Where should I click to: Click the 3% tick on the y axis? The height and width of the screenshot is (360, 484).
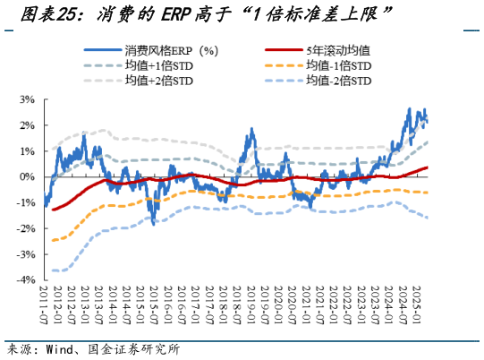pos(26,99)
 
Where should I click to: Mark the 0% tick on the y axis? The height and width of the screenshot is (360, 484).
pos(26,176)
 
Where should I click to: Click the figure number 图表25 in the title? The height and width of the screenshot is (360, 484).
pos(39,13)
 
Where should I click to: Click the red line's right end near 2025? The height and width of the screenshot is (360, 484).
pos(427,167)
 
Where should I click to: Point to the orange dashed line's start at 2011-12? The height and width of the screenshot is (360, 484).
pos(53,240)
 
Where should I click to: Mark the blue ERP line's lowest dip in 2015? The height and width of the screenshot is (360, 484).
pos(155,222)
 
